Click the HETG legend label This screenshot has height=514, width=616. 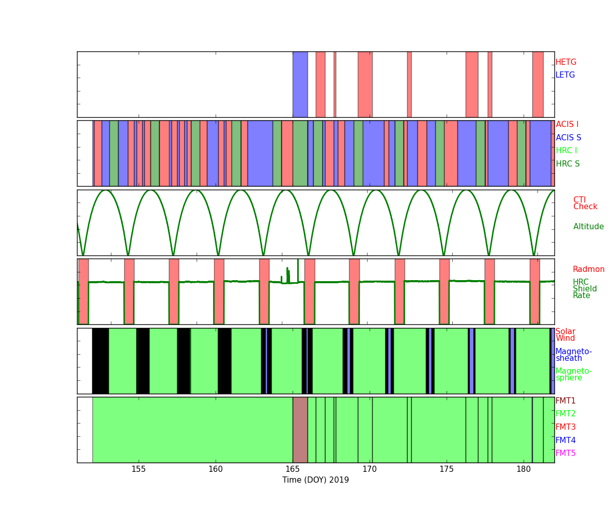coord(566,62)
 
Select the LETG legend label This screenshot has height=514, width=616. coord(565,75)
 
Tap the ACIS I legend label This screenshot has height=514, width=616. coord(567,124)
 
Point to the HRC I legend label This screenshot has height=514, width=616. coord(566,151)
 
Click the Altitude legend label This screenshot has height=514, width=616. coord(589,226)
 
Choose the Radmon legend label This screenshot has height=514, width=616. coord(589,269)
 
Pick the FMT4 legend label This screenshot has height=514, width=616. coord(566,440)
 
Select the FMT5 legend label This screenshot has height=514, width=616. coord(566,453)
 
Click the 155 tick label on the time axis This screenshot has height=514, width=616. coord(139,469)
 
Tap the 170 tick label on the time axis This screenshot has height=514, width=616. coord(370,469)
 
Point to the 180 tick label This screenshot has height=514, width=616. coord(524,469)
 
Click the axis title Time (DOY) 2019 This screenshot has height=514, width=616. coord(315,480)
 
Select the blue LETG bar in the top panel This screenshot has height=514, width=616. coord(300,84)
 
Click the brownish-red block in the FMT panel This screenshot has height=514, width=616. coord(300,430)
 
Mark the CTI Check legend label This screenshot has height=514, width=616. coord(585,203)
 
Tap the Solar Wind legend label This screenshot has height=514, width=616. coord(565,335)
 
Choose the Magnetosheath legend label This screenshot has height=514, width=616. coord(573,355)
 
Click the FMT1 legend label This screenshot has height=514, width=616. coord(566,400)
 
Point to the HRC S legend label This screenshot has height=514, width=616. coord(568,163)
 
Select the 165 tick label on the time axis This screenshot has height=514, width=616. coord(293,469)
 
